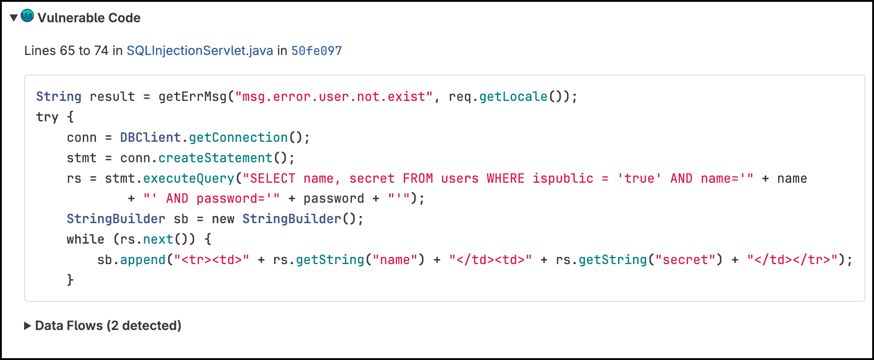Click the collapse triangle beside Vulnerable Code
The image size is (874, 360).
[x=14, y=18]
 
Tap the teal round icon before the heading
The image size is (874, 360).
[x=27, y=16]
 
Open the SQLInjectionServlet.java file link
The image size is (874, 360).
[x=200, y=50]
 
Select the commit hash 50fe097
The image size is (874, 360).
[x=316, y=50]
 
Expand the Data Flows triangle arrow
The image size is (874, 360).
[x=27, y=326]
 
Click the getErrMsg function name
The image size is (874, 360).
[x=192, y=97]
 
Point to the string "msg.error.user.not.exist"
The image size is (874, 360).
[x=334, y=97]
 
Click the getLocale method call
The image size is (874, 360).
[x=513, y=97]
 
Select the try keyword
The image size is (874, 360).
[x=47, y=117]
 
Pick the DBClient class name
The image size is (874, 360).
[x=151, y=137]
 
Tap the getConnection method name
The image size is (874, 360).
[x=238, y=137]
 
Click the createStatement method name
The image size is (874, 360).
[x=216, y=158]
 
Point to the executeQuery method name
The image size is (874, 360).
[x=189, y=178]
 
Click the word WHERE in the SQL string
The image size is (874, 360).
[x=506, y=178]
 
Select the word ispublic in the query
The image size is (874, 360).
[x=563, y=178]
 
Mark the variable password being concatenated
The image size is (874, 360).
[x=334, y=199]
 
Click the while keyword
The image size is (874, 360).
[x=85, y=239]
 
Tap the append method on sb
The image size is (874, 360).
[x=143, y=260]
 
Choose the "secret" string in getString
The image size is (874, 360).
[x=685, y=260]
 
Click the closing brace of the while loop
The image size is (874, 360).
[x=70, y=280]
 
